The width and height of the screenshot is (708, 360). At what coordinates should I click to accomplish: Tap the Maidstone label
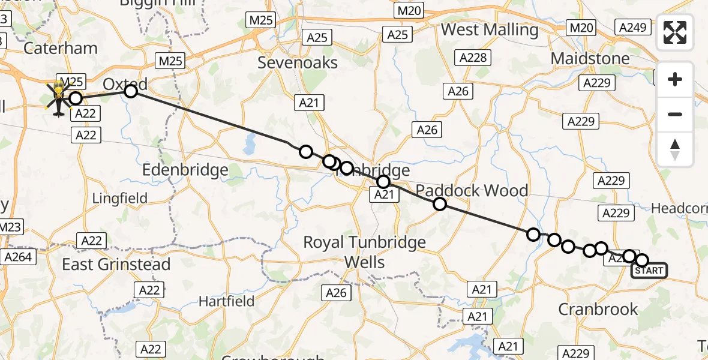590,59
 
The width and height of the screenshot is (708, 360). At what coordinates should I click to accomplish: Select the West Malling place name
490,29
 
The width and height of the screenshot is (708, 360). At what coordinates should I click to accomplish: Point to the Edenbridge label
185,170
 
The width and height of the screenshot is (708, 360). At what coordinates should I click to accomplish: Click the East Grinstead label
116,264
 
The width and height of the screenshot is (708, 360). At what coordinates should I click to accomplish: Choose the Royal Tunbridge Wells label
364,252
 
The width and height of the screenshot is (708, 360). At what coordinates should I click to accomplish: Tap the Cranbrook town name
598,309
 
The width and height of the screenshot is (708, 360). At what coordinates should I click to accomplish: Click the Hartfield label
227,301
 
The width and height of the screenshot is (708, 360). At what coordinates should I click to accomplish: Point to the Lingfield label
120,197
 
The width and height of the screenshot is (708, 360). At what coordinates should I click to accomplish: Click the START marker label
649,271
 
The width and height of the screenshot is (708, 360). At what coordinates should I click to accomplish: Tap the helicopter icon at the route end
58,99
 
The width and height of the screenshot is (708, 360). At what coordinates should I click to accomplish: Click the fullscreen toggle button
675,32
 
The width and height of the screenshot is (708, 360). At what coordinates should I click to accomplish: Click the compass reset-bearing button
675,149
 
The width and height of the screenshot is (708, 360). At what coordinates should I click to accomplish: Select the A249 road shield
632,26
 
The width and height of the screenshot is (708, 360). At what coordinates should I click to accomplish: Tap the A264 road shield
19,257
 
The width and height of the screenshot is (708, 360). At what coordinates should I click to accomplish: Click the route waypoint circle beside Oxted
131,91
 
